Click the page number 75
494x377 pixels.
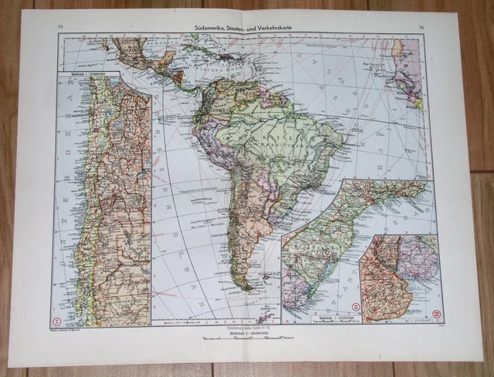(x=59, y=28)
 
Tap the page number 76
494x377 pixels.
(x=421, y=29)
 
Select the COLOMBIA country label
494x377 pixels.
(x=213, y=101)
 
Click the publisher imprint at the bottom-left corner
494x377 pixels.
(x=69, y=327)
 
